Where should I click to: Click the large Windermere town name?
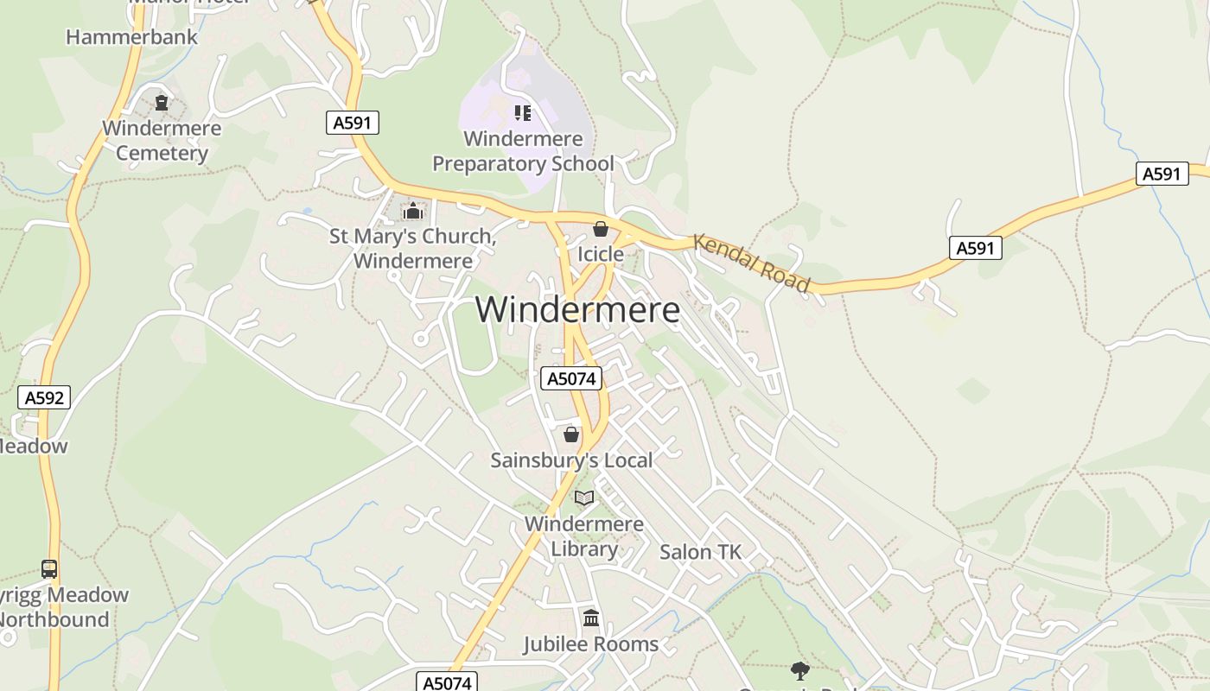[577, 310]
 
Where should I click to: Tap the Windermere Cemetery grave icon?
[162, 103]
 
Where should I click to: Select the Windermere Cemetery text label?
[162, 141]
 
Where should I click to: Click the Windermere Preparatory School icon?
[522, 113]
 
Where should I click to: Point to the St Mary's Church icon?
[413, 211]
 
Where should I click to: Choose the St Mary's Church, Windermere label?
[413, 249]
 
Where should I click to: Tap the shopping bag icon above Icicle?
[601, 229]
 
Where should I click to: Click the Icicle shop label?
[601, 254]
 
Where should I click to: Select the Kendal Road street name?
[752, 263]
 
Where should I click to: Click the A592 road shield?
[43, 397]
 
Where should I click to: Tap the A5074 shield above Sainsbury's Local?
[570, 378]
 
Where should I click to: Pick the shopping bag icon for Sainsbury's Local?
[571, 434]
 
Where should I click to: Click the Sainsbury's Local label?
[571, 460]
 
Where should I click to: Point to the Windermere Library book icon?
[584, 498]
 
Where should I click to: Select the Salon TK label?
[700, 552]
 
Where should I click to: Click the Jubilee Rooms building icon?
[591, 618]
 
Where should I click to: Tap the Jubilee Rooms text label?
[591, 644]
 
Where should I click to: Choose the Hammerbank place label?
[132, 37]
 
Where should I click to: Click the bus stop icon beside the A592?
[49, 569]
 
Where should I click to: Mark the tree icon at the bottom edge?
[800, 670]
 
